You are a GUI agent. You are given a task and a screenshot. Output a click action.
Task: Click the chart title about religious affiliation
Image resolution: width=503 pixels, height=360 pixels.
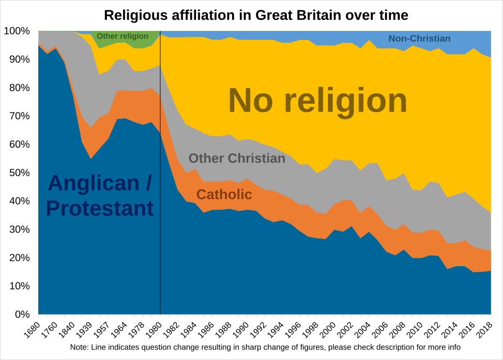pyautogui.click(x=256, y=15)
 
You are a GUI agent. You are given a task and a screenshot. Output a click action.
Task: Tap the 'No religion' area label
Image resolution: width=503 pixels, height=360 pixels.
pyautogui.click(x=318, y=101)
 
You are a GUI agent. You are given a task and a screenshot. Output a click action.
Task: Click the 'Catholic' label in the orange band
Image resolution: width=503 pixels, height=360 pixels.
pyautogui.click(x=224, y=195)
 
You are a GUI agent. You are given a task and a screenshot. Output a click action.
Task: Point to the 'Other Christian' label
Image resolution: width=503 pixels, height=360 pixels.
pyautogui.click(x=237, y=158)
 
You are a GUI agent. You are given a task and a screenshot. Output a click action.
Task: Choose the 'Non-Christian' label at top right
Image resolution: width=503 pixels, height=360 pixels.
pyautogui.click(x=419, y=38)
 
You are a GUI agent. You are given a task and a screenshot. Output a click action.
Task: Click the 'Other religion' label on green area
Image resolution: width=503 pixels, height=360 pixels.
pyautogui.click(x=123, y=36)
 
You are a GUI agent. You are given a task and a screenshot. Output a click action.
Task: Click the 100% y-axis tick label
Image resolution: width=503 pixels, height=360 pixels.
pyautogui.click(x=18, y=31)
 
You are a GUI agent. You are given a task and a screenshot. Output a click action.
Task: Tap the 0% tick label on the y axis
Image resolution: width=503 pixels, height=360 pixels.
pyautogui.click(x=23, y=314)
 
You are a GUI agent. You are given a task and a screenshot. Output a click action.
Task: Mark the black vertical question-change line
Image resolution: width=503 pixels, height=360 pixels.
pyautogui.click(x=160, y=183)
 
